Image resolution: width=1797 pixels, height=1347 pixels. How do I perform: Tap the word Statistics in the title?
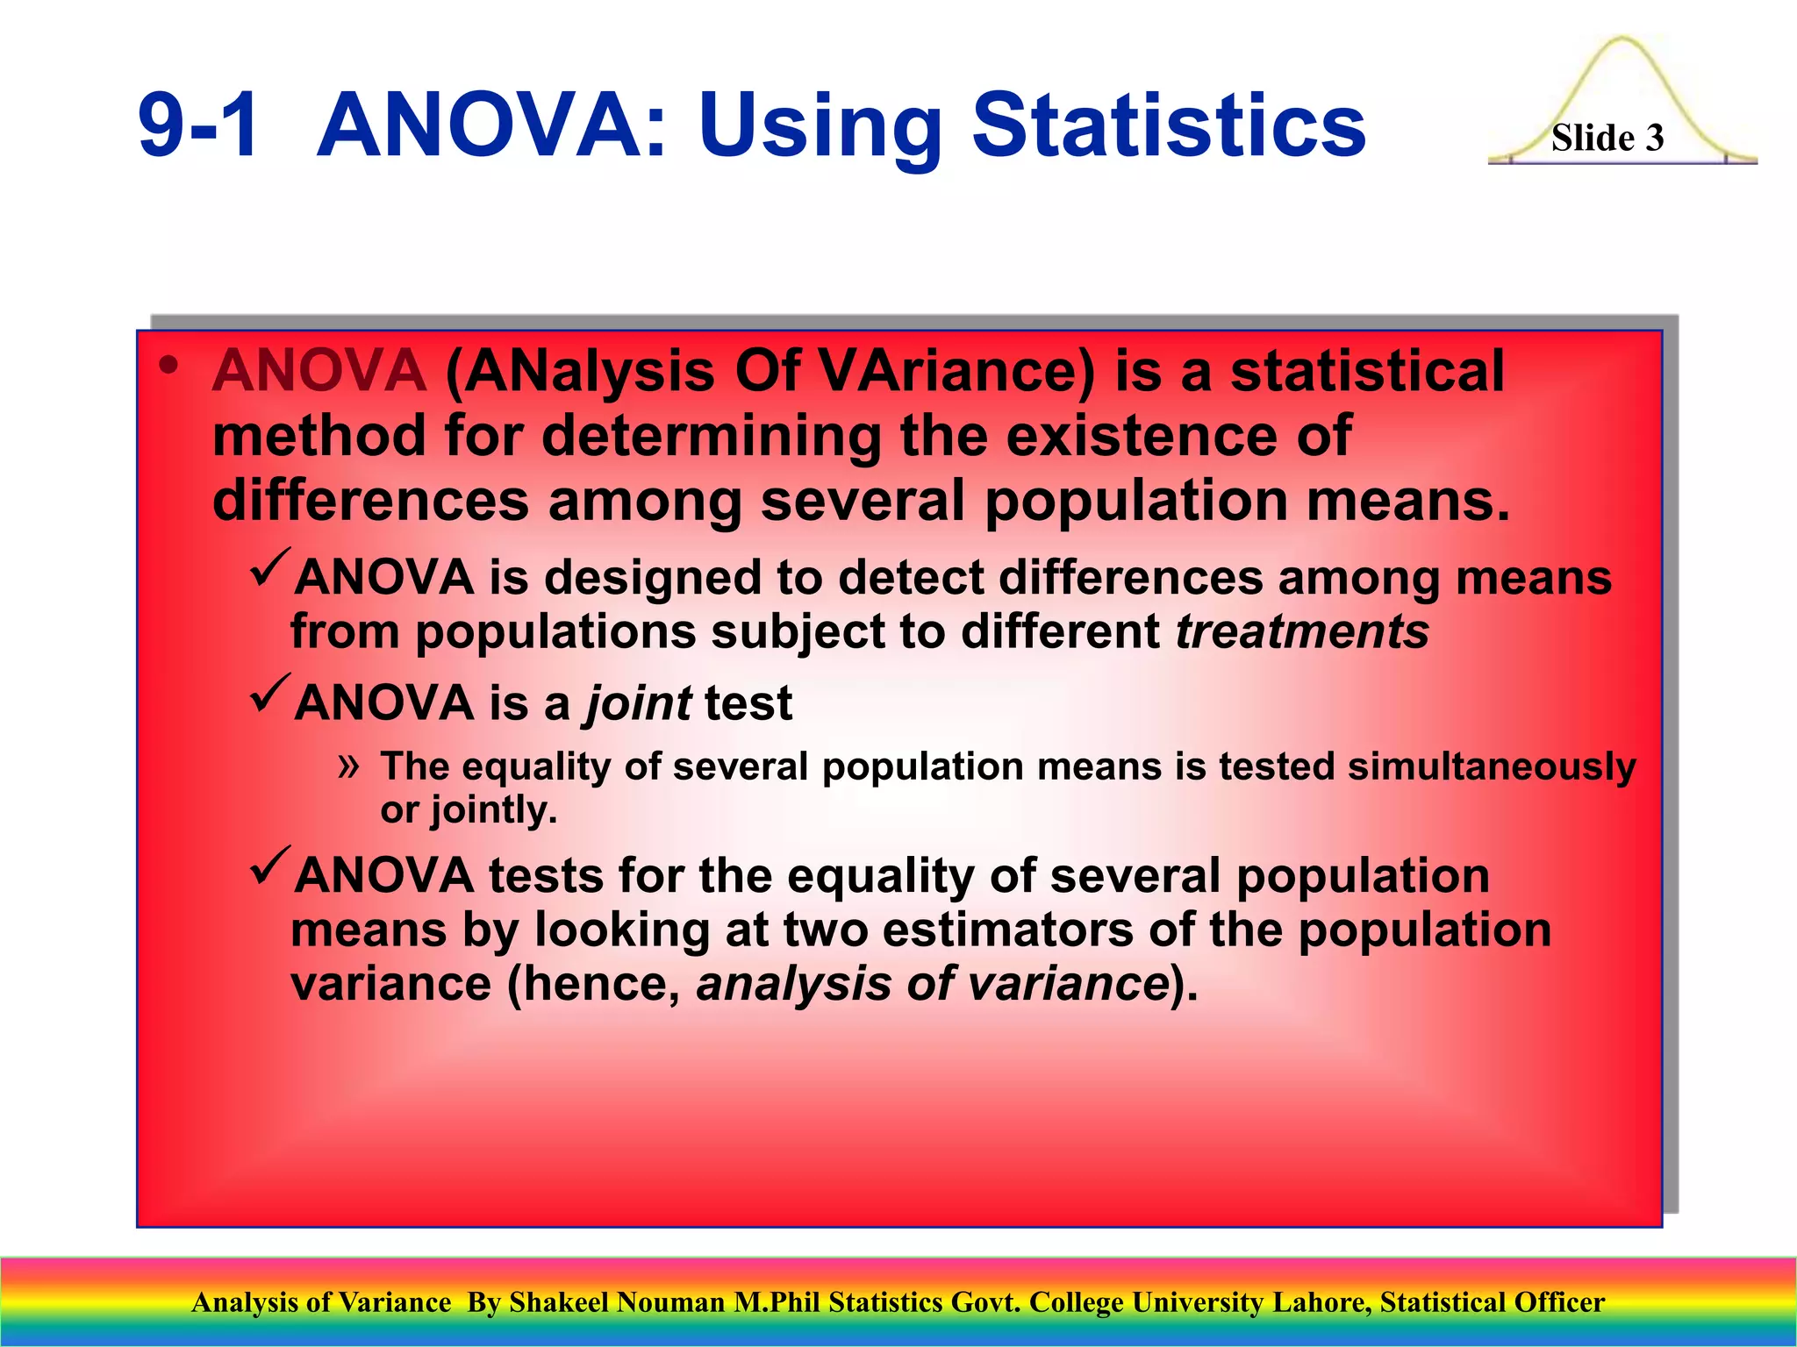(x=1169, y=127)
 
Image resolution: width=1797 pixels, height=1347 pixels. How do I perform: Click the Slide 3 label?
(x=1607, y=139)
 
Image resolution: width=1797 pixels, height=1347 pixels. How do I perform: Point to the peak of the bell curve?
(x=1622, y=39)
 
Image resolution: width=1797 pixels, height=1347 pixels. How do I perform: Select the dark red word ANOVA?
(x=319, y=371)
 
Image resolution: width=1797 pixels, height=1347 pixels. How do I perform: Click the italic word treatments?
(x=1302, y=631)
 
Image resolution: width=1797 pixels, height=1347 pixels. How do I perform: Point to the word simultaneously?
(x=1492, y=767)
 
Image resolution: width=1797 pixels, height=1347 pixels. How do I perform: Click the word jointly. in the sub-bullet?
(x=493, y=810)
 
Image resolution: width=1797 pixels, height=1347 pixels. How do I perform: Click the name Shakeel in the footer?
(x=558, y=1302)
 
